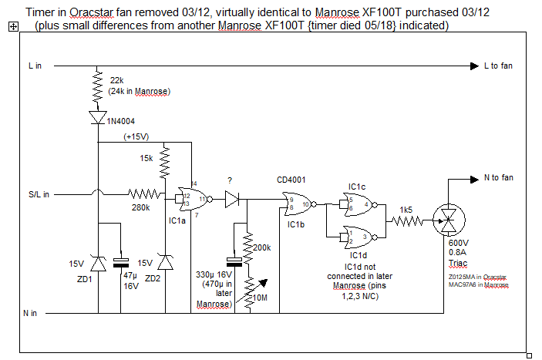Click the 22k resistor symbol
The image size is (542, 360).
pos(98,86)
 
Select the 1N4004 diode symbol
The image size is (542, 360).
pos(98,118)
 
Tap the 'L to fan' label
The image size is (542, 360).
pos(498,66)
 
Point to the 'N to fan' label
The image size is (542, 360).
pos(498,178)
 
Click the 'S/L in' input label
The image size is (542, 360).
pos(35,194)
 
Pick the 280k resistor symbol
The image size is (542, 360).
pos(146,194)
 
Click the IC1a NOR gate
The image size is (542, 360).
pos(191,200)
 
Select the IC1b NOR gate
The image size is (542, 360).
pos(294,204)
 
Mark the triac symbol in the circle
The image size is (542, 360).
pos(447,221)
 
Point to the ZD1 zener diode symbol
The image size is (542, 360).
pos(98,265)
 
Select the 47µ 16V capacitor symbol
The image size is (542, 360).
pos(120,261)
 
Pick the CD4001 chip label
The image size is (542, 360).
pos(291,180)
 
